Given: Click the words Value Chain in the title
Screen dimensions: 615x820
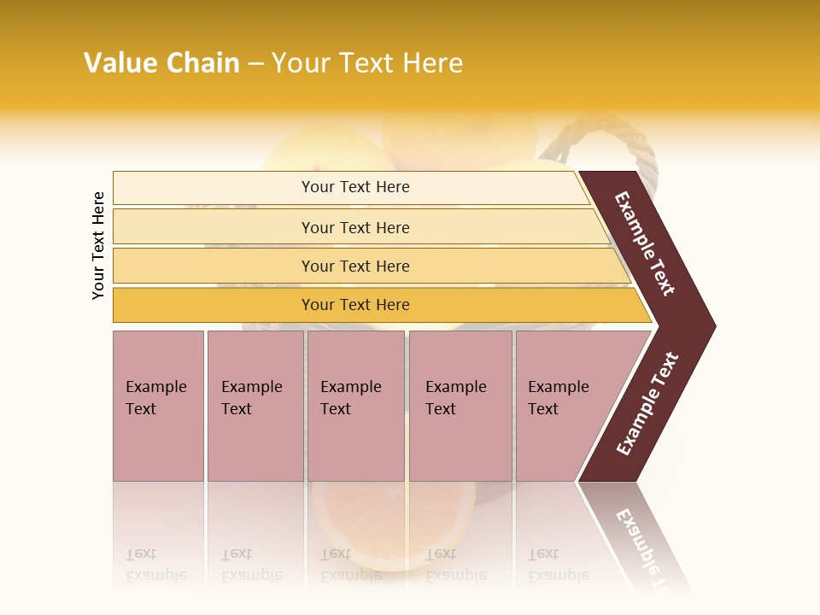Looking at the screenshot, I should click(x=161, y=62).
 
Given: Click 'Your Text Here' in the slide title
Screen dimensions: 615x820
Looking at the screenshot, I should click(x=367, y=62).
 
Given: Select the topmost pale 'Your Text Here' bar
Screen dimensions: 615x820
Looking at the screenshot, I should click(x=355, y=187).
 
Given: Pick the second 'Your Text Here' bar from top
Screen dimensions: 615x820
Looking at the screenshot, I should click(x=355, y=227).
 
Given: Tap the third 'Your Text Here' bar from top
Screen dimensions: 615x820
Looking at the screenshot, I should click(x=355, y=266).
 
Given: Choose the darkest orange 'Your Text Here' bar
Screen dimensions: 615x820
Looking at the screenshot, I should click(x=355, y=305).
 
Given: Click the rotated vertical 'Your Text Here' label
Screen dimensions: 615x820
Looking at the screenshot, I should click(x=98, y=245).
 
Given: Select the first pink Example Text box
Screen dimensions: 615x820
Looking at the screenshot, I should click(x=158, y=406).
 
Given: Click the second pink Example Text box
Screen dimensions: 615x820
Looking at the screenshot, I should click(x=255, y=406).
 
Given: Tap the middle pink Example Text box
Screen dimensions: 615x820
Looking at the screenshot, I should click(x=355, y=406).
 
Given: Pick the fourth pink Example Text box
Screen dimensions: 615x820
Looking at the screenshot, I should click(x=460, y=406).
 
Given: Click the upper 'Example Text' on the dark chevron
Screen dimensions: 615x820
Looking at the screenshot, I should click(x=645, y=243).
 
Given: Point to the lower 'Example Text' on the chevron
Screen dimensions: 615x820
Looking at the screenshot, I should click(x=647, y=403).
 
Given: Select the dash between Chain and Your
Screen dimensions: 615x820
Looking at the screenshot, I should click(x=255, y=63).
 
